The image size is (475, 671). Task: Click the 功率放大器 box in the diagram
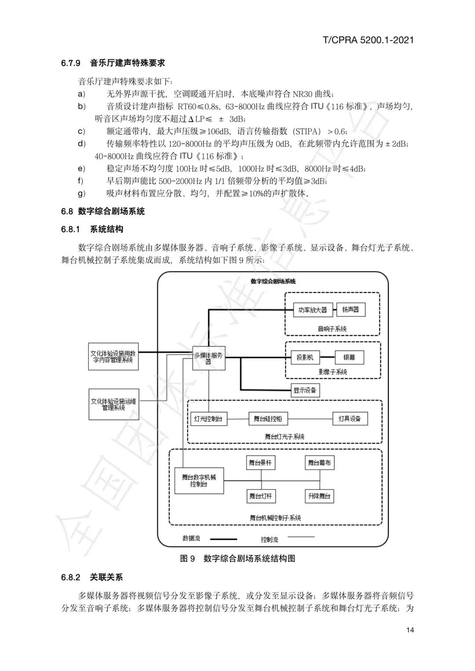tap(312, 310)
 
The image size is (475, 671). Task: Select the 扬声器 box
tap(351, 310)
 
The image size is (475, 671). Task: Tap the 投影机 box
tap(305, 357)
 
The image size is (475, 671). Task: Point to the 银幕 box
tap(349, 357)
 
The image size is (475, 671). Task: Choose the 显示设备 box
tap(305, 390)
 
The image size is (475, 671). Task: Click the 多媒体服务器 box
tap(208, 358)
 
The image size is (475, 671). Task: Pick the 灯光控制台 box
tap(208, 419)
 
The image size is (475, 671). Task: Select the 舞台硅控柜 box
tap(268, 419)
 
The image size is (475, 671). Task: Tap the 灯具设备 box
tap(350, 419)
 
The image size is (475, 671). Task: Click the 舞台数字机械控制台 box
tap(199, 480)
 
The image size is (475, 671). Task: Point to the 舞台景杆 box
tap(260, 463)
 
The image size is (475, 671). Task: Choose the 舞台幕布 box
tap(320, 463)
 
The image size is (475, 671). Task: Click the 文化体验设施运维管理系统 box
tap(113, 404)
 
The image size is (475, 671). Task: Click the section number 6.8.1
tap(70, 229)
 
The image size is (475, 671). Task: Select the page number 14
tap(410, 630)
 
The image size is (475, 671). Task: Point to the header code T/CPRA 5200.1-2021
tap(368, 40)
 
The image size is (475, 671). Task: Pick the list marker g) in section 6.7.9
tap(81, 193)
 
